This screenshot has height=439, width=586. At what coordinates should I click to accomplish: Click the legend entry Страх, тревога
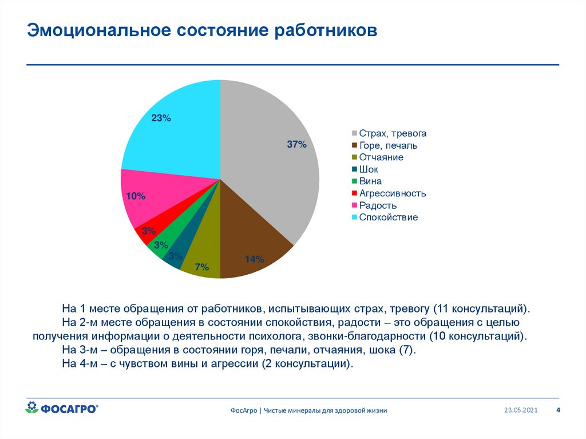[x=393, y=133]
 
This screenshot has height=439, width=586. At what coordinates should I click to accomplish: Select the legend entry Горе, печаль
[x=388, y=145]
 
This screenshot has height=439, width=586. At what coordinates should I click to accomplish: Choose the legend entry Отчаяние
[x=381, y=157]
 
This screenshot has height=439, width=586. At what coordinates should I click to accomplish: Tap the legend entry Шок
[x=369, y=169]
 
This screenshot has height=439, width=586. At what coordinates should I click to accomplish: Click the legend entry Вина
[x=370, y=181]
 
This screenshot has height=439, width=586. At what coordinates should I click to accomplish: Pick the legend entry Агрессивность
[x=392, y=193]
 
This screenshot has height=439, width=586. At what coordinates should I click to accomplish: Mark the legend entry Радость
[x=378, y=205]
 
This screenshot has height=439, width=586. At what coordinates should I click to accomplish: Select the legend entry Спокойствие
[x=388, y=217]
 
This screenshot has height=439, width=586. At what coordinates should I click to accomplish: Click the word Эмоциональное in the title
[x=99, y=30]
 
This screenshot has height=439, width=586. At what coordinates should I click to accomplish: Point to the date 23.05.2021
[x=521, y=410]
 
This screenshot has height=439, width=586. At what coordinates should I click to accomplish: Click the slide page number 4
[x=559, y=410]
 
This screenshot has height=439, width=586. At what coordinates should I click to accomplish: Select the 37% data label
[x=297, y=145]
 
